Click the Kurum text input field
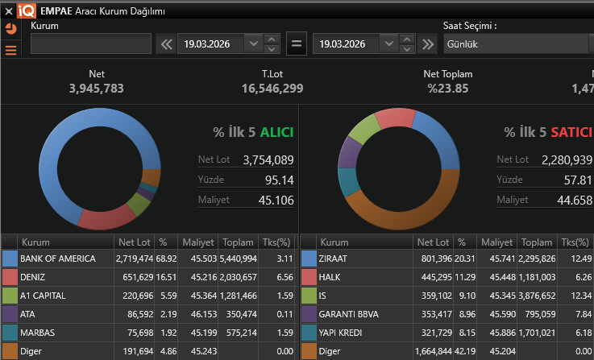90,43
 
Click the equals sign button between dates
297,43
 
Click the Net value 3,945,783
97,88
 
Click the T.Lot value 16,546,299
272,88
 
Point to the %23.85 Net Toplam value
447,88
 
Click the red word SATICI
571,132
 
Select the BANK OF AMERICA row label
57,259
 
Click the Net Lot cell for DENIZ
135,277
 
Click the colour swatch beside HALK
309,277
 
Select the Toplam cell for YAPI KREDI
536,333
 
